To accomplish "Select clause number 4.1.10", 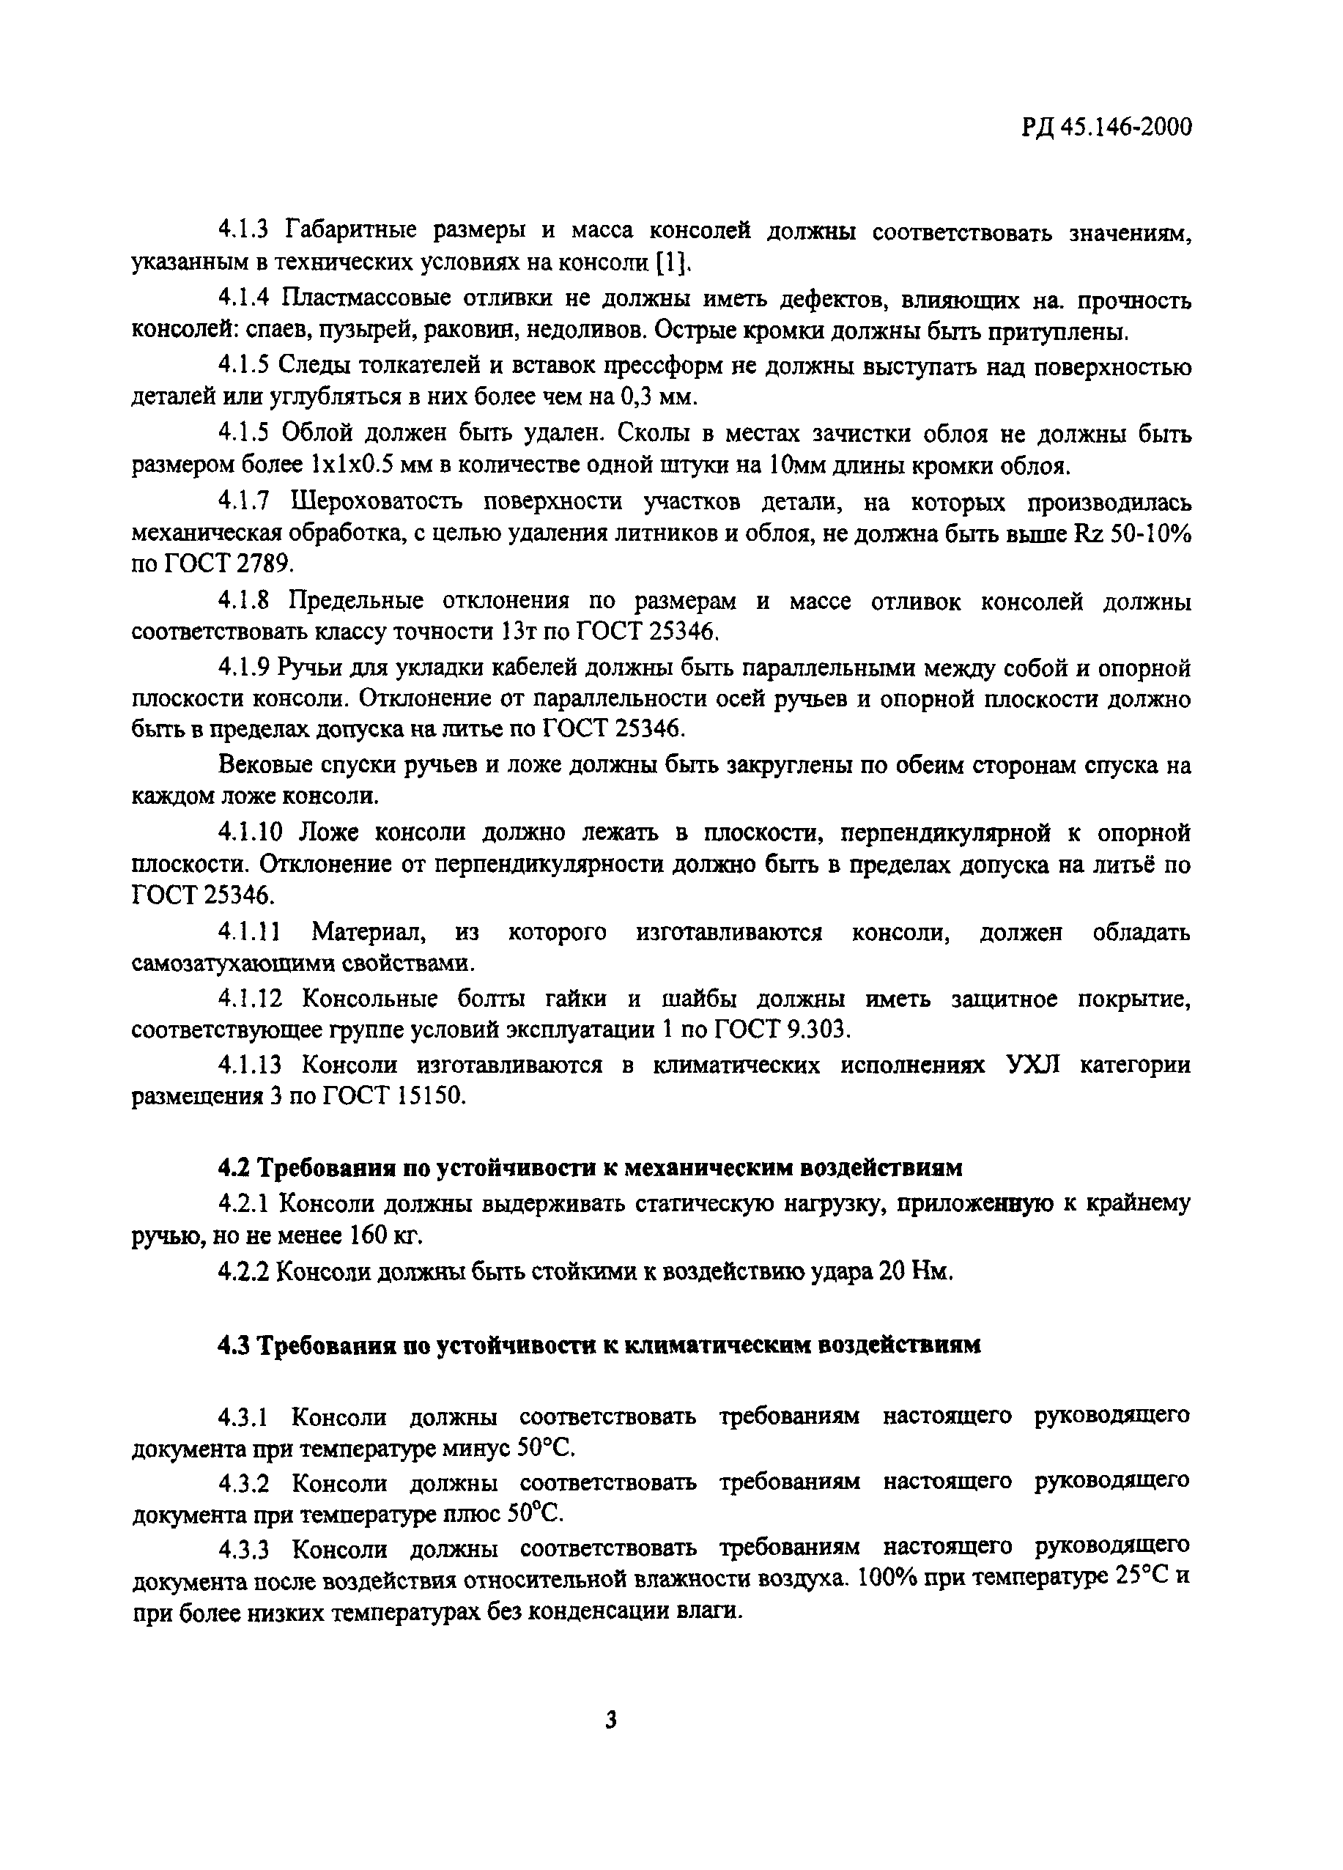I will (250, 832).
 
